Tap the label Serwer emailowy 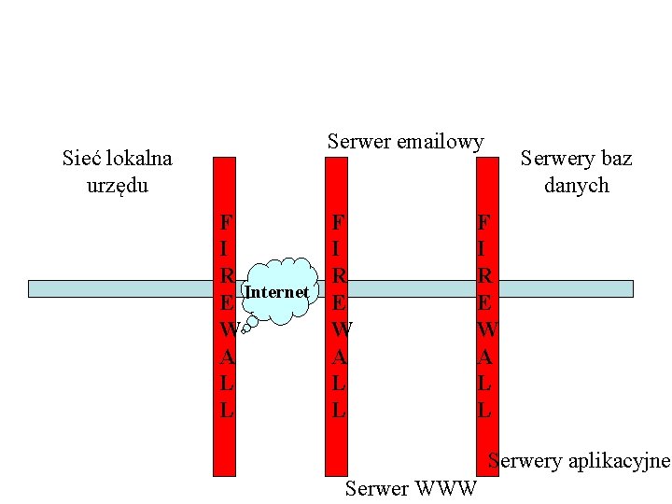[405, 142]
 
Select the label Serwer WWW [411, 487]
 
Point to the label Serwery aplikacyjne [579, 460]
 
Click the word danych [576, 185]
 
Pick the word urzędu [117, 185]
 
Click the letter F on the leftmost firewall [225, 223]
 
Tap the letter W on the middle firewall [340, 329]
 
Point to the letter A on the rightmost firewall [484, 357]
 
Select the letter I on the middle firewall [338, 249]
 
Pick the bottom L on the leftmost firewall [226, 409]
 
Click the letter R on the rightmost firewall [484, 276]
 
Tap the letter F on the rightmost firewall [483, 223]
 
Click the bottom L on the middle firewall [339, 409]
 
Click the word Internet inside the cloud [276, 293]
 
